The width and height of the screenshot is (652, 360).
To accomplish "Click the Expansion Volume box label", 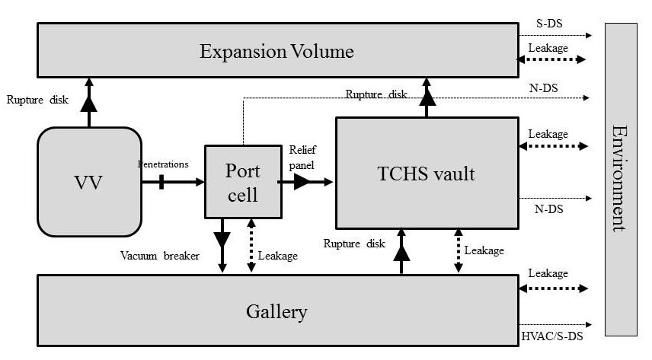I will tap(276, 52).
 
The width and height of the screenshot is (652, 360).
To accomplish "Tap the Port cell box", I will tap(242, 181).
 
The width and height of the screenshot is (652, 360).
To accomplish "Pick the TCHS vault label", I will tap(426, 174).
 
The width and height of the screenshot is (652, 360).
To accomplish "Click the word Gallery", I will tap(276, 311).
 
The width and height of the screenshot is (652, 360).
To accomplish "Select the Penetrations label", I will tap(162, 164).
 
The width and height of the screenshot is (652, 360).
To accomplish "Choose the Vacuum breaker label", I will tap(158, 256).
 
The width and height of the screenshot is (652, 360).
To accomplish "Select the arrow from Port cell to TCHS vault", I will tap(305, 181).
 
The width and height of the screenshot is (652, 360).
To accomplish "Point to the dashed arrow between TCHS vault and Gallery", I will tap(458, 250).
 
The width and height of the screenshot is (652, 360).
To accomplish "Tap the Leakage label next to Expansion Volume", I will tap(548, 48).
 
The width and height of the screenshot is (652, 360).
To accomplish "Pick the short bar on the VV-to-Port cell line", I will tap(162, 181).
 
